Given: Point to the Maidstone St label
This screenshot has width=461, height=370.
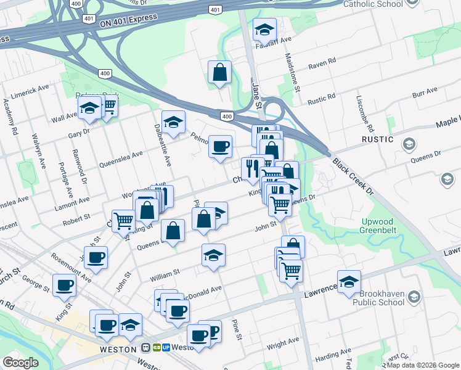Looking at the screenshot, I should click(291, 72).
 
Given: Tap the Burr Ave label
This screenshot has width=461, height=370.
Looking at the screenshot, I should click(424, 92).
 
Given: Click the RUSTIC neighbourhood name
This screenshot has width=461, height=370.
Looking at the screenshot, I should click(378, 139).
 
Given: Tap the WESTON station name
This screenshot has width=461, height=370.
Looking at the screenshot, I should click(117, 349).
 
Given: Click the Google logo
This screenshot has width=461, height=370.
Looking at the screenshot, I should click(20, 363).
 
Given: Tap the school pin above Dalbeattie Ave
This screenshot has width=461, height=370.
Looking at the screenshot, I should click(173, 121).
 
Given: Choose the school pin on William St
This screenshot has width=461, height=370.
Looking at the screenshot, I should click(213, 255).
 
